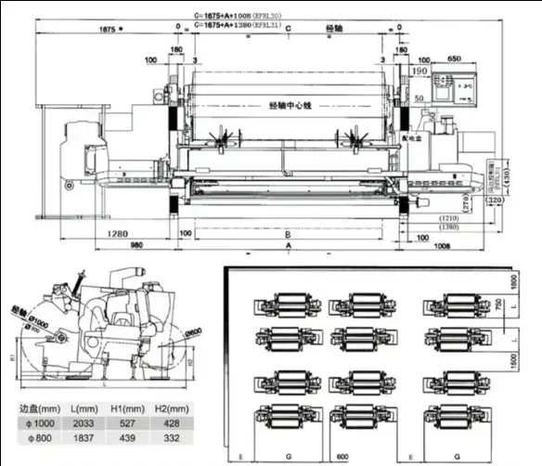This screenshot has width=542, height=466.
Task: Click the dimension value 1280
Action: point(116,232)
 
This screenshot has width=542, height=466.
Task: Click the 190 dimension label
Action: point(419,71)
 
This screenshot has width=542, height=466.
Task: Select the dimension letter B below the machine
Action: point(289,234)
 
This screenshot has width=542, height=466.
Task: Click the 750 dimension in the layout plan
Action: point(498,305)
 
